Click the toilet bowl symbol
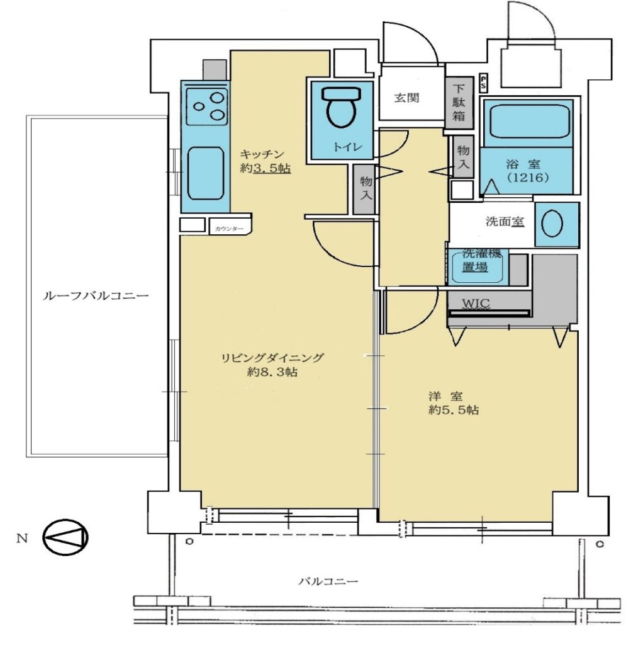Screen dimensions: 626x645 (342, 108)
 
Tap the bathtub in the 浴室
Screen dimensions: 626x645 (530, 122)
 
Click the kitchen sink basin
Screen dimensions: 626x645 (206, 173)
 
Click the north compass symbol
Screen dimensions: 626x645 (65, 537)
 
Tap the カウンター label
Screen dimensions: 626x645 (229, 228)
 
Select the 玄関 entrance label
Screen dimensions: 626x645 (406, 98)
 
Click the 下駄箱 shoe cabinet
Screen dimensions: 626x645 (459, 103)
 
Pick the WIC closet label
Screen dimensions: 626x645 (476, 303)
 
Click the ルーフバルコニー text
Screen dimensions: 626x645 (96, 296)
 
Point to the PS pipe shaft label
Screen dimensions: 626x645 (483, 84)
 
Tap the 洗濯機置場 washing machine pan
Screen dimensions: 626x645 (476, 268)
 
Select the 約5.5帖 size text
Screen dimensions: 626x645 (454, 410)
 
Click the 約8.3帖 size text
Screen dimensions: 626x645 (272, 372)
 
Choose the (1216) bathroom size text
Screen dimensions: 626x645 (528, 178)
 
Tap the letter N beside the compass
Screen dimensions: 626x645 (22, 538)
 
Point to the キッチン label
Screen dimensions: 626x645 (262, 154)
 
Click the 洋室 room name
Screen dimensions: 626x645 (445, 396)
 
